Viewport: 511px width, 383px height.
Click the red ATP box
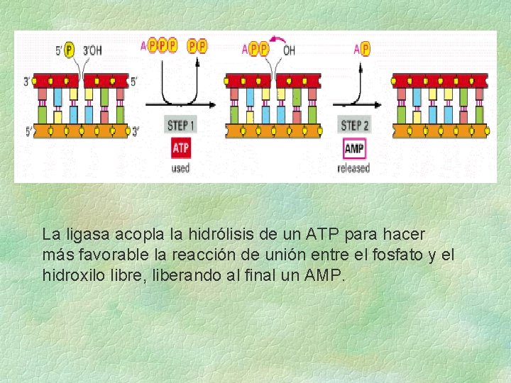pyautogui.click(x=181, y=149)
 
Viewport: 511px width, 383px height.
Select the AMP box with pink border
pyautogui.click(x=353, y=149)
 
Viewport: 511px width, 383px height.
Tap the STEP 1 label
pyautogui.click(x=181, y=126)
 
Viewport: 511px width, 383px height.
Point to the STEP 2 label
pyautogui.click(x=354, y=126)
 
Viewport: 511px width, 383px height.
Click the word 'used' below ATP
pyautogui.click(x=180, y=168)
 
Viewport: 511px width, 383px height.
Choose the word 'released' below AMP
pyautogui.click(x=353, y=168)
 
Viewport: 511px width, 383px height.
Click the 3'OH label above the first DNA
pyautogui.click(x=92, y=50)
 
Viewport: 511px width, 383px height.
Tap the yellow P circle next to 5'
pyautogui.click(x=69, y=50)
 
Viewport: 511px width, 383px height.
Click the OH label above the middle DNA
pyautogui.click(x=290, y=50)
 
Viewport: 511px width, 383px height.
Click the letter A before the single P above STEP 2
pyautogui.click(x=356, y=49)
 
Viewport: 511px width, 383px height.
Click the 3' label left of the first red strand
pyautogui.click(x=26, y=81)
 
